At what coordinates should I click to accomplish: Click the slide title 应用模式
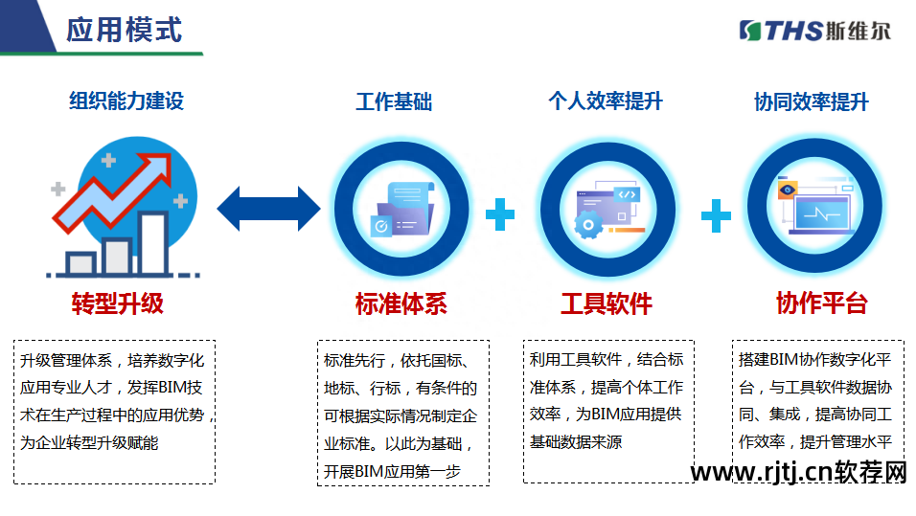[124, 30]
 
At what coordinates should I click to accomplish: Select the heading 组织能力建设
[126, 101]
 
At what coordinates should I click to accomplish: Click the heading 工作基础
[394, 101]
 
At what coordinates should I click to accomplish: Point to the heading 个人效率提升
[605, 101]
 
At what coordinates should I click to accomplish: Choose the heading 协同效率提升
[811, 101]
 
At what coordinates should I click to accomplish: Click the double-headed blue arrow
[269, 209]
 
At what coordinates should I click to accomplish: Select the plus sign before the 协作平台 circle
[716, 215]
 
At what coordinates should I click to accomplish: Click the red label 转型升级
[118, 304]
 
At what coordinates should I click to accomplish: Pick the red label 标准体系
[401, 304]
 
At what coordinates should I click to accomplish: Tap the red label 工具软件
[606, 304]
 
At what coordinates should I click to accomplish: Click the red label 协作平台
[821, 304]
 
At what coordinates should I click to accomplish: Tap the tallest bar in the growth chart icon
[153, 240]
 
